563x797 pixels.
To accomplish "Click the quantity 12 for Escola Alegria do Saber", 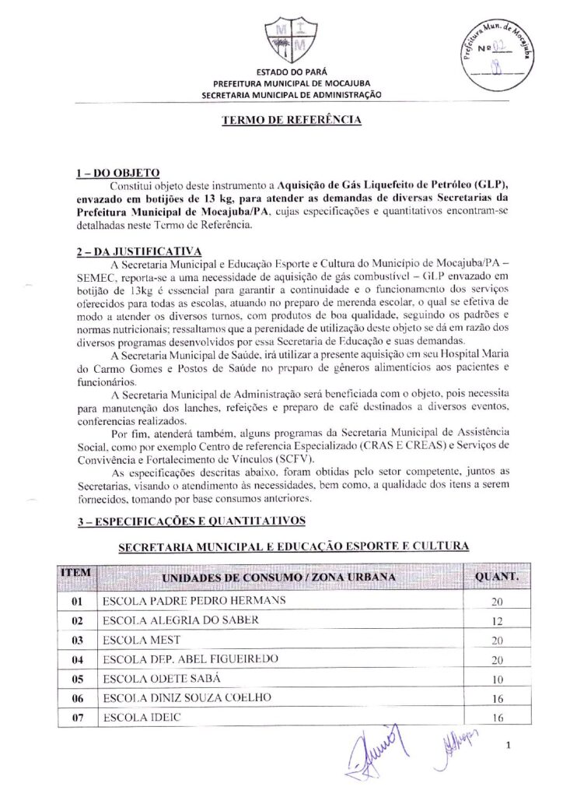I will coord(498,622).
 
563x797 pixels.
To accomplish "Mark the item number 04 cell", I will coord(76,660).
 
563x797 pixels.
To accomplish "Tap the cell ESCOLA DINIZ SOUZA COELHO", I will coord(187,698).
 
